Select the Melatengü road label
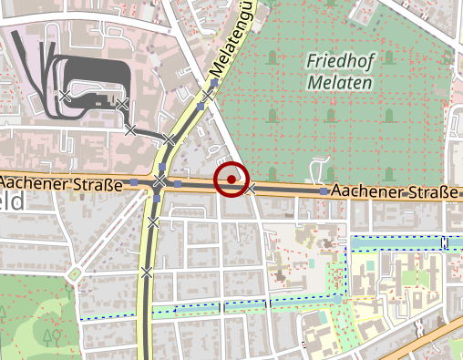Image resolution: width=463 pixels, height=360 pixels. point(232,41)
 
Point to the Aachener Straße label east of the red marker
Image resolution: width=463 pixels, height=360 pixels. point(397,192)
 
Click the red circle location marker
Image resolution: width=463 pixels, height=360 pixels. point(231,180)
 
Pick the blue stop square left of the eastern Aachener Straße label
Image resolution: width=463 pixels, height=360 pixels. point(324,192)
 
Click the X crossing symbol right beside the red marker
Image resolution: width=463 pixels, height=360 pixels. point(252,189)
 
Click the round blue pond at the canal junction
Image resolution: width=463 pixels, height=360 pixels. point(337,298)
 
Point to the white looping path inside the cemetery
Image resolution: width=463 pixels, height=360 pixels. point(320,168)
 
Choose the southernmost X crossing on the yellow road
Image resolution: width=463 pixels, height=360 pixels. point(146,271)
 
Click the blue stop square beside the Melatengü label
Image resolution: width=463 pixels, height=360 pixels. point(214,84)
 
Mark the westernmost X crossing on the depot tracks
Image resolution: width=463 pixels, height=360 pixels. point(66,95)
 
